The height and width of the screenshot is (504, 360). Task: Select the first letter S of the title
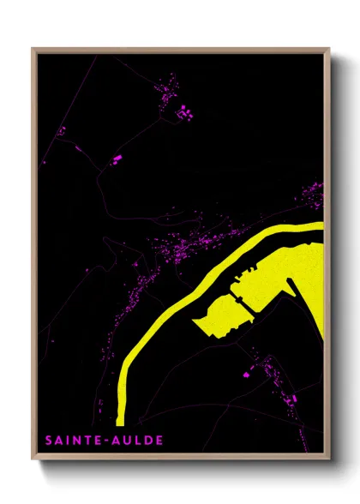(48, 441)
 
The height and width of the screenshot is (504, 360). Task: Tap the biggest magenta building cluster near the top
(183, 110)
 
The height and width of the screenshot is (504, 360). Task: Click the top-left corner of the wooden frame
(33, 49)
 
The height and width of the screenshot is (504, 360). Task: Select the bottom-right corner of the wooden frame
(328, 459)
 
